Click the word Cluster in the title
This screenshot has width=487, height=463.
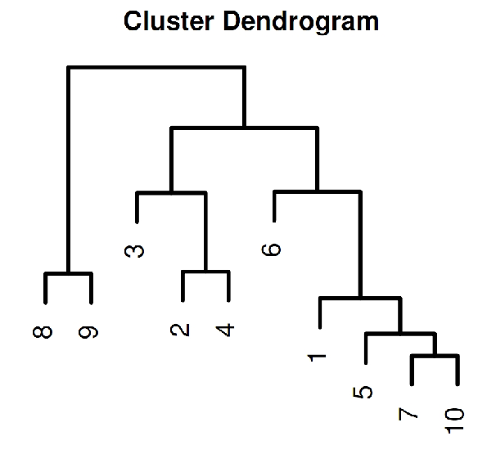tap(169, 21)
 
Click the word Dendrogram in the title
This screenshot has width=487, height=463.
tap(301, 23)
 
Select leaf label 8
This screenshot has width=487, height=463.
tap(43, 332)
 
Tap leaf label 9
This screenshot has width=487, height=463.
tap(88, 332)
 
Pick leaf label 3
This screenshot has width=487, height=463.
tap(134, 251)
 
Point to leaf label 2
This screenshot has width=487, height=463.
tap(180, 330)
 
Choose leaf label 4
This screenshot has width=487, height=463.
tap(225, 330)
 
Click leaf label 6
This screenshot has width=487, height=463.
tap(271, 249)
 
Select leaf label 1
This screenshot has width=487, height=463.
tap(317, 357)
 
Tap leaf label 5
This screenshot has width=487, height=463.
tap(363, 392)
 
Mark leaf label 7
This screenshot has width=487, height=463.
tap(408, 414)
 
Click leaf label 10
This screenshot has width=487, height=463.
tap(454, 420)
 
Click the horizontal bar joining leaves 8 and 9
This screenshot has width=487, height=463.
tap(68, 273)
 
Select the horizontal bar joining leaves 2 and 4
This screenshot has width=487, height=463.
tap(205, 272)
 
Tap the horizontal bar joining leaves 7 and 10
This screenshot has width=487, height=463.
tap(435, 356)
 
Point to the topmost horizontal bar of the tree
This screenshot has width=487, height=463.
tap(156, 67)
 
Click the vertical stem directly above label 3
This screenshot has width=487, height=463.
tap(137, 207)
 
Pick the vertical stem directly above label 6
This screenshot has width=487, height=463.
tap(274, 206)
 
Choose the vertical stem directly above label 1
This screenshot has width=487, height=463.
tap(320, 312)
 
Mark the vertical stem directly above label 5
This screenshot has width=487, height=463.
tap(366, 348)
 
